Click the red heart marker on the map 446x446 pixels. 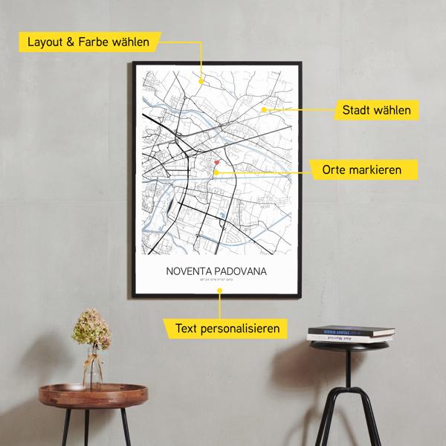pyautogui.click(x=216, y=162)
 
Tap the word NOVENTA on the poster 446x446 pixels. pyautogui.click(x=192, y=271)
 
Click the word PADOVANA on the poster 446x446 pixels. pyautogui.click(x=241, y=271)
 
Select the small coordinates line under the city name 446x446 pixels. pyautogui.click(x=217, y=282)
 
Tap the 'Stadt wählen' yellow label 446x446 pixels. pyautogui.click(x=376, y=111)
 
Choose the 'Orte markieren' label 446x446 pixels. pyautogui.click(x=361, y=170)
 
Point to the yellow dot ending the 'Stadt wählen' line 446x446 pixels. pyautogui.click(x=264, y=110)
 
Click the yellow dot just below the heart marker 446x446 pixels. pyautogui.click(x=216, y=172)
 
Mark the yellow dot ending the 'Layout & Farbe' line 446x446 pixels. pyautogui.click(x=201, y=81)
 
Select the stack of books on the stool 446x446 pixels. pyautogui.click(x=351, y=333)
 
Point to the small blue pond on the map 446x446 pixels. pyautogui.click(x=222, y=217)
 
